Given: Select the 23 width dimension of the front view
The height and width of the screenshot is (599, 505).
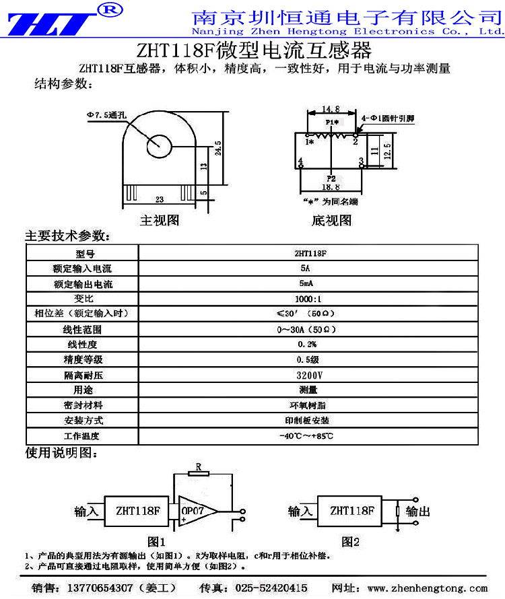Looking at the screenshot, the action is pos(160,199).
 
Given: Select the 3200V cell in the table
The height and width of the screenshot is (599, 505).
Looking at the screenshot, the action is pos(308,375).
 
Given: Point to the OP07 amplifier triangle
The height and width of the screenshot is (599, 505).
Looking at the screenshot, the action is pos(199,511).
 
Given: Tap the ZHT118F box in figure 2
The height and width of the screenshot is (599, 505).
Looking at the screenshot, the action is pos(351,510).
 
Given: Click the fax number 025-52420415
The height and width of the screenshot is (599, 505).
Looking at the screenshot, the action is pos(271,588).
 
